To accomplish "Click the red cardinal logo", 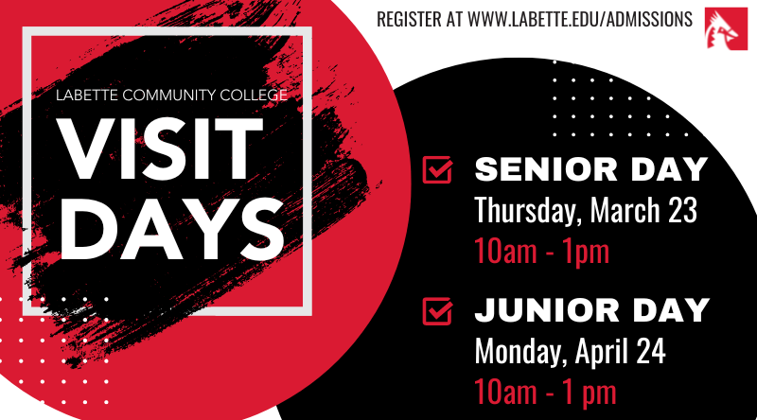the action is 726,29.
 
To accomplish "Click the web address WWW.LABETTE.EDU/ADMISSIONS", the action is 580,19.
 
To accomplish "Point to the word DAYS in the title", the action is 171,229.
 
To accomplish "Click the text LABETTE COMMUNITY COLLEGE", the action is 171,96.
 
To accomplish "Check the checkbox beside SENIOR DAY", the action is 437,169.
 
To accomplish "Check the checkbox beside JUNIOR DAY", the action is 437,311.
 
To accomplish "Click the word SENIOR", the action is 546,169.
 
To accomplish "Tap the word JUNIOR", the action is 547,310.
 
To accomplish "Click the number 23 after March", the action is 682,210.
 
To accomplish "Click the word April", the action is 600,352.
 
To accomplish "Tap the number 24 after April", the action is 651,351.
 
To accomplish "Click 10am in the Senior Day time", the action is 505,252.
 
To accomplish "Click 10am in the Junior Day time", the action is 505,393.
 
